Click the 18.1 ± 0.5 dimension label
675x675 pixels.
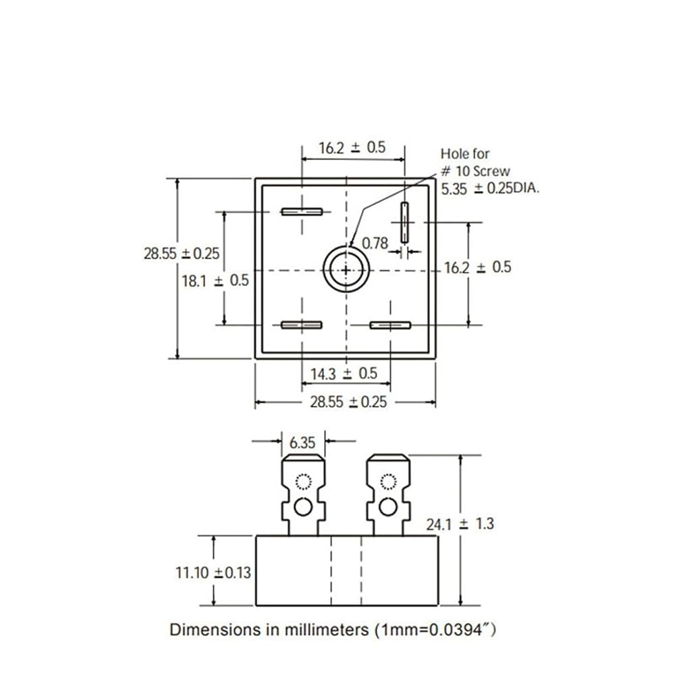tap(215, 281)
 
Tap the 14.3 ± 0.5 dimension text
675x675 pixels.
tap(344, 373)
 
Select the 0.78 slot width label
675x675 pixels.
tap(375, 243)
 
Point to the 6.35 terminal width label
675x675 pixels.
tap(302, 442)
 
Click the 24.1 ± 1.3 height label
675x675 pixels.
tap(460, 524)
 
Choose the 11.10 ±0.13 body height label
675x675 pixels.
tap(213, 572)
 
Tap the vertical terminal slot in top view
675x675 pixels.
tap(404, 222)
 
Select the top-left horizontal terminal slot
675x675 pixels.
tap(302, 211)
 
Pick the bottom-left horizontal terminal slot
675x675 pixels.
tap(301, 325)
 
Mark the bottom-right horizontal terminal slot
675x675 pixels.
tap(390, 325)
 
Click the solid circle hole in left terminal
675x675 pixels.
tap(303, 507)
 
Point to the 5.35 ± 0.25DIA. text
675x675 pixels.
tap(490, 188)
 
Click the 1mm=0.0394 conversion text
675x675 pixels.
tap(433, 630)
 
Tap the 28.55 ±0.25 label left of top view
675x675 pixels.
tap(182, 253)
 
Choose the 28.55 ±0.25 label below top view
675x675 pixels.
tap(349, 402)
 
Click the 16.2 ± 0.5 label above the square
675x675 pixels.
tap(352, 148)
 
